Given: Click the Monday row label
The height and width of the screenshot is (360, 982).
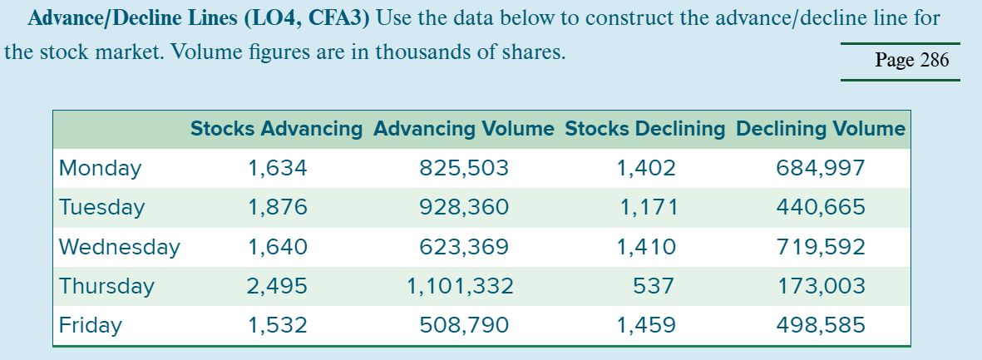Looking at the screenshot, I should point(100,169).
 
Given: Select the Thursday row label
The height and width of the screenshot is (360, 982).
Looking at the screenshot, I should point(106,286).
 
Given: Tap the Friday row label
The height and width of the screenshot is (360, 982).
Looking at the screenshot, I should point(90,325).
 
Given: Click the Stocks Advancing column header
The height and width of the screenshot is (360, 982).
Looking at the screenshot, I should point(276,129).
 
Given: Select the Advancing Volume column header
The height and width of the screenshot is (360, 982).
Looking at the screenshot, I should point(463,129).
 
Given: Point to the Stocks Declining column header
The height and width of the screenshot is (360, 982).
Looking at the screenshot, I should point(644,129).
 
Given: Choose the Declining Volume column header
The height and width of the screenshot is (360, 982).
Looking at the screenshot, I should point(820,129).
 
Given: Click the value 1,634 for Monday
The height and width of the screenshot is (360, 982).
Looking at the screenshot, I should point(277,169).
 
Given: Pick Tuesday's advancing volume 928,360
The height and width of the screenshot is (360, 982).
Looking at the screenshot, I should point(464,207).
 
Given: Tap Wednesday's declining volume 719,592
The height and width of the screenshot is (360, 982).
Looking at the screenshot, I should point(820,247).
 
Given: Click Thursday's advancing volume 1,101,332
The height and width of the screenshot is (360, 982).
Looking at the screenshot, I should point(460,286).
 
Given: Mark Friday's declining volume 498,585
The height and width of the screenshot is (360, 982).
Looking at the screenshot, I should point(820,325).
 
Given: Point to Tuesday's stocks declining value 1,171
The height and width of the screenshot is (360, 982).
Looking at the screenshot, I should point(649,207).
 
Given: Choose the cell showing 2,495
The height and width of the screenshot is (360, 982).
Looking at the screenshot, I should point(277,286).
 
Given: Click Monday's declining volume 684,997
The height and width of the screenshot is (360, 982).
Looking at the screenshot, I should point(820,169).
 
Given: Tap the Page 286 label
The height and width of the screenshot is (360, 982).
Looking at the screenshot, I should point(911,61).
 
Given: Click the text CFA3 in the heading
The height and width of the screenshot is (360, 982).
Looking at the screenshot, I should point(336,18).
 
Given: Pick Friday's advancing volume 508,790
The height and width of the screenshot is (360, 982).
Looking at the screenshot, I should point(464,325).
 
